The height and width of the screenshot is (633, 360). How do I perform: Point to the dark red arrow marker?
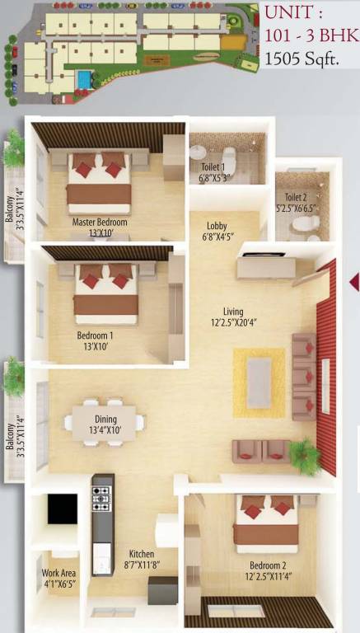pos(354,283)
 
